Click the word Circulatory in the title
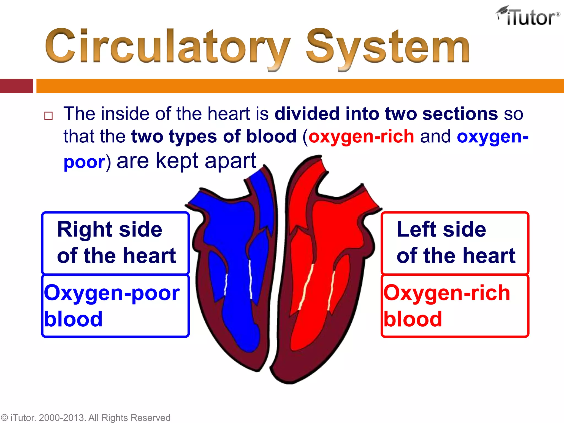[x=167, y=47]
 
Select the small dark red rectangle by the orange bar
[x=16, y=86]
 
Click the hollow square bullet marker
[x=48, y=116]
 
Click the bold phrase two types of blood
[x=214, y=137]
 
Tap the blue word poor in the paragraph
[x=84, y=162]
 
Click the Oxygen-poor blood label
[x=115, y=306]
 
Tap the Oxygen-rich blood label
[x=455, y=306]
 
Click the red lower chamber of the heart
[x=311, y=317]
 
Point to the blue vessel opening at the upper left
[x=202, y=201]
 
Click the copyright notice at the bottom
[x=85, y=417]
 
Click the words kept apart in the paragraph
[x=206, y=161]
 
